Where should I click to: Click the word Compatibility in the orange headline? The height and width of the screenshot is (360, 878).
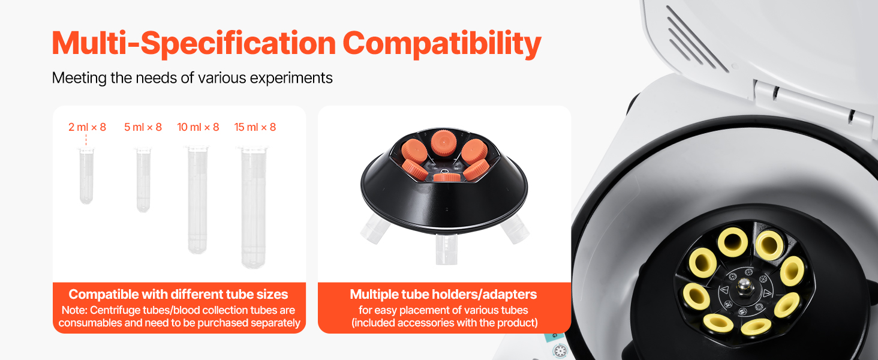pos(442,44)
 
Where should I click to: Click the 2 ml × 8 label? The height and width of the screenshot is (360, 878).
pos(87,127)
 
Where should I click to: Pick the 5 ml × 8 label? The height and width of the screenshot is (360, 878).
pos(143,127)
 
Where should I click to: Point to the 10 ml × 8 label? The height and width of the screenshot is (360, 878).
pos(198,127)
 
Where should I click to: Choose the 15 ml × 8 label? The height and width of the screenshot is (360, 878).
pos(255,127)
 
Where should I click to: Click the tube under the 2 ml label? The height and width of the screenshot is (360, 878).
pos(86,175)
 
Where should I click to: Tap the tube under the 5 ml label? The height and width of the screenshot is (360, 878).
pos(143,180)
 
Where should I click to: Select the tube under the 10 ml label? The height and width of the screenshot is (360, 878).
pos(197,200)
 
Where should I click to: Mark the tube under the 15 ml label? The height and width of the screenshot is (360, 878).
pos(253,208)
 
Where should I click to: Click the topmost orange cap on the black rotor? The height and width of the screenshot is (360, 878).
pos(444,142)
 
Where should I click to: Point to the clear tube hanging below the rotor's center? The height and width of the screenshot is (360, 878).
pos(446,249)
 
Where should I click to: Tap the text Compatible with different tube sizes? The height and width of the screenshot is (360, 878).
pos(178,294)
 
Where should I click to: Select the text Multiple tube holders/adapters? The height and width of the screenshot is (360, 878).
pos(443,294)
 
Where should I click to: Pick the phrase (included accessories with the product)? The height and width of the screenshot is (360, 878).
pos(444,323)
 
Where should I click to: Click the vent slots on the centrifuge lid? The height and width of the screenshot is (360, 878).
pos(696,39)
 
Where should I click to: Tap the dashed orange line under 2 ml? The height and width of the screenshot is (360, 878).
pos(86,140)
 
